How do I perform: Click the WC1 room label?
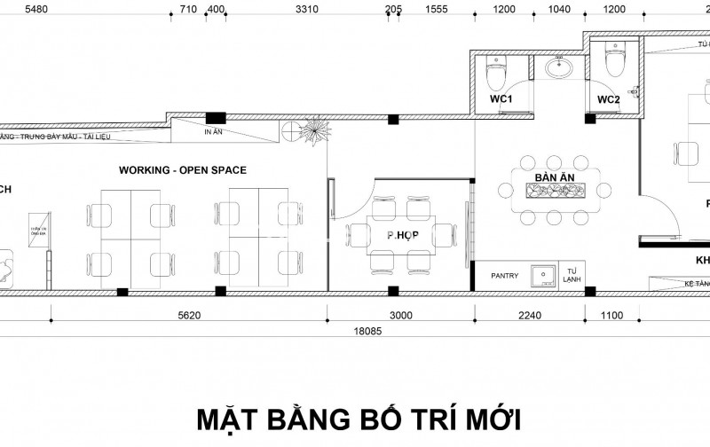click(x=502, y=99)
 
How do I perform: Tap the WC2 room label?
click(x=608, y=99)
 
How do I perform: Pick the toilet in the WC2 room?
click(x=613, y=62)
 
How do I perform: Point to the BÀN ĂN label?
click(x=551, y=178)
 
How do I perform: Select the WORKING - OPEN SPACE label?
click(x=183, y=169)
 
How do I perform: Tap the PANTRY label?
click(x=504, y=276)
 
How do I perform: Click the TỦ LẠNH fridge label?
click(x=570, y=277)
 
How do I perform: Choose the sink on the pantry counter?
click(x=541, y=277)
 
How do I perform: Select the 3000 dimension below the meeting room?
click(x=400, y=314)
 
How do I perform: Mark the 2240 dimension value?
click(x=529, y=314)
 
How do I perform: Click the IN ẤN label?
click(x=212, y=132)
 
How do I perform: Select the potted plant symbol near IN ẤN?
click(x=312, y=133)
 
